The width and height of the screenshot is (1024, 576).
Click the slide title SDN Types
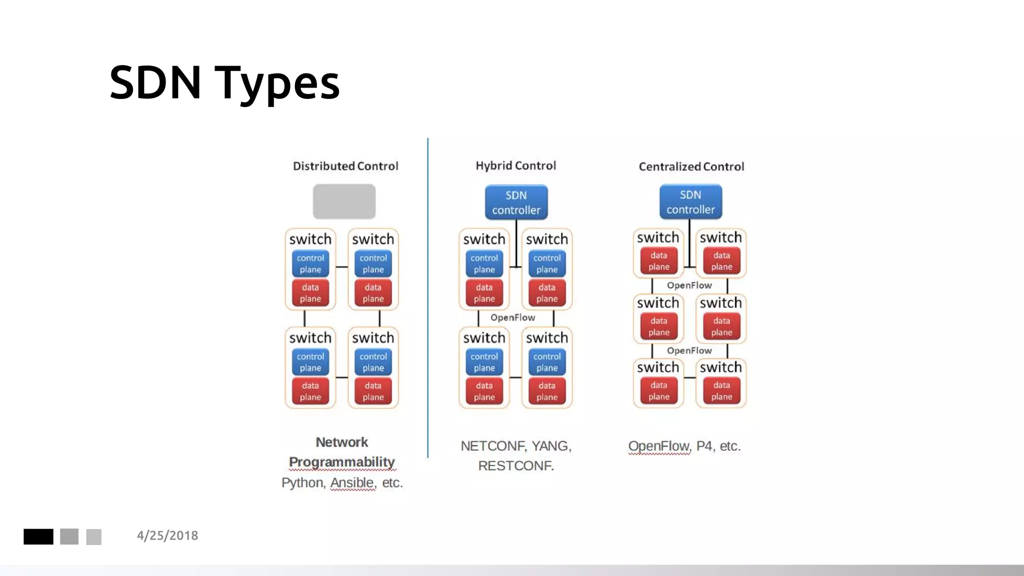[x=224, y=82]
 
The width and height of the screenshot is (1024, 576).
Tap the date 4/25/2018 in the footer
[x=167, y=535]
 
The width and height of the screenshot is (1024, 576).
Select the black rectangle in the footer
[x=38, y=536]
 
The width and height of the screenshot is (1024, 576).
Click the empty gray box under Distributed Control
[x=344, y=201]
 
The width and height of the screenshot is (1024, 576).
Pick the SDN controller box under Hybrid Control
[x=516, y=202]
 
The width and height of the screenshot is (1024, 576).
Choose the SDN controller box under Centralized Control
[x=690, y=202]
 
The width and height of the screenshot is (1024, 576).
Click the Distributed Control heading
[x=345, y=166]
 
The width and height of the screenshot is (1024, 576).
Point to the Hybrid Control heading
[x=515, y=165]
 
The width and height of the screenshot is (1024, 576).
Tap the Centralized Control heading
[x=691, y=166]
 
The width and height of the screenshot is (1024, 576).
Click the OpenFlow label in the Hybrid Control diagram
[x=512, y=317]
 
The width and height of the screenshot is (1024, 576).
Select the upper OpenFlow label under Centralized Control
[x=689, y=285]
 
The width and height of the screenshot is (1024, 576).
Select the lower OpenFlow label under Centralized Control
[x=689, y=350]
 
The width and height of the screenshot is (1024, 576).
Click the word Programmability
[x=342, y=462]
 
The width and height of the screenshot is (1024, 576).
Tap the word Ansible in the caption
[x=352, y=482]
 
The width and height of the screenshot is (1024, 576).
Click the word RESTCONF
[x=515, y=465]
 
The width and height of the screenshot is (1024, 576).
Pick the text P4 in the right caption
[x=704, y=445]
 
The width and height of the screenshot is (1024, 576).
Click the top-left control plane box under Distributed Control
[x=310, y=263]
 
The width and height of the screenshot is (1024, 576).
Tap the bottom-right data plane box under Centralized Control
[x=721, y=391]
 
